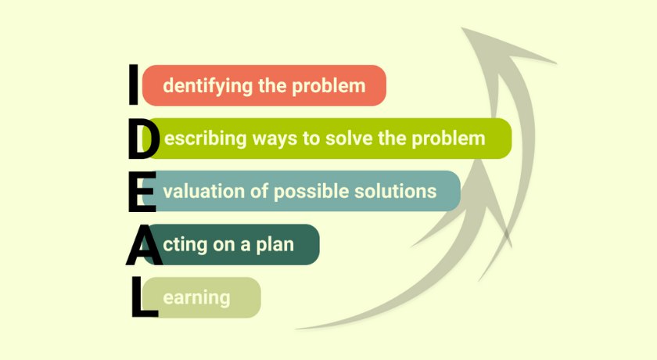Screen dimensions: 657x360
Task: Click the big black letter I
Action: (x=133, y=85)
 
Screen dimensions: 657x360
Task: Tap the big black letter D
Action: (x=144, y=139)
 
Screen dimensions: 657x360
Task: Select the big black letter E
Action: (x=142, y=191)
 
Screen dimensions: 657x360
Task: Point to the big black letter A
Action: (x=144, y=245)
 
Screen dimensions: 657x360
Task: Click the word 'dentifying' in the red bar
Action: (x=208, y=86)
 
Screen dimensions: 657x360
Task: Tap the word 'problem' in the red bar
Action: (x=328, y=86)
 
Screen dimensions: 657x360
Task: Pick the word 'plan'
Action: (x=275, y=245)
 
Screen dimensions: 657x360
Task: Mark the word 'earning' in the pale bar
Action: (x=196, y=298)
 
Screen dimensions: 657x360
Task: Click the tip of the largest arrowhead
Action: (x=462, y=28)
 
